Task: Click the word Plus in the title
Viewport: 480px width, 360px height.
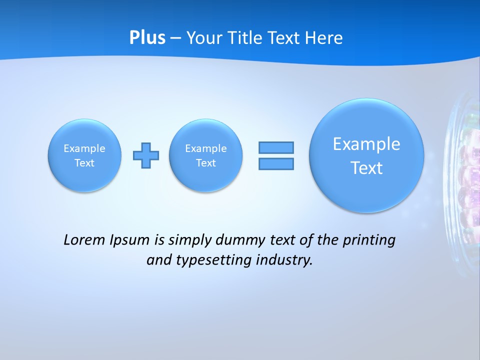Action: (147, 38)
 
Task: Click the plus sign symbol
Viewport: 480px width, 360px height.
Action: (146, 155)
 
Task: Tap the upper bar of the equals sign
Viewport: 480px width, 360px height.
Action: (276, 147)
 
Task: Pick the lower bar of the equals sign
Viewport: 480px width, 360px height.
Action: (276, 163)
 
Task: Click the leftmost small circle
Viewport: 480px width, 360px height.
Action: (84, 155)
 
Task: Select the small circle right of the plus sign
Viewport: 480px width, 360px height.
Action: (206, 155)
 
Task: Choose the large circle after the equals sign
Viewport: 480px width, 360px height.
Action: (366, 155)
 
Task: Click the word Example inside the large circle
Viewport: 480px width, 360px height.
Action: (366, 144)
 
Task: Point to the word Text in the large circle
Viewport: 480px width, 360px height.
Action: (366, 168)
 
